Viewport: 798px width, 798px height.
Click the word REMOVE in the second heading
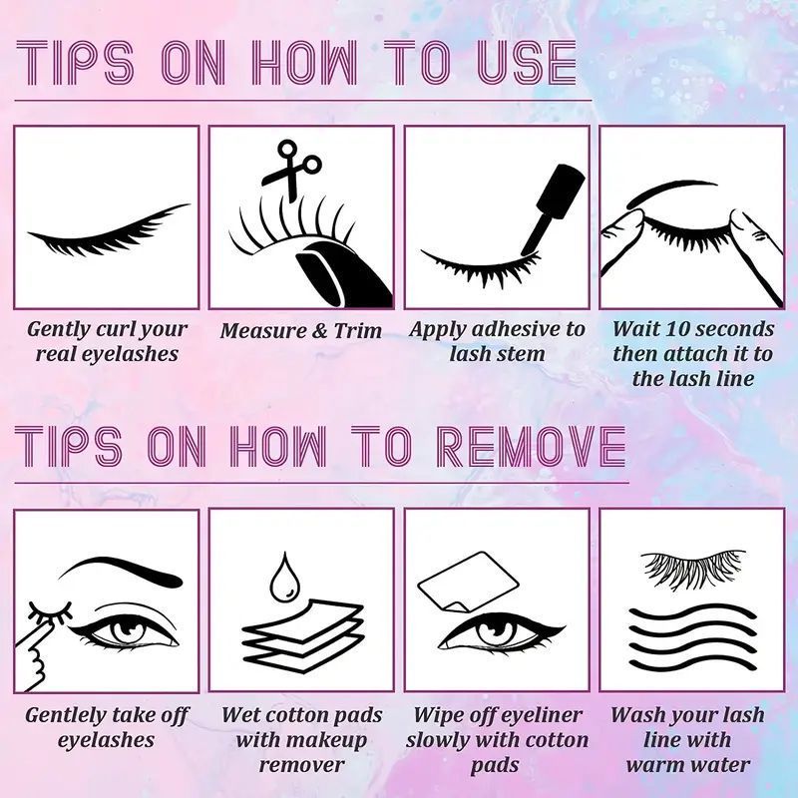532,448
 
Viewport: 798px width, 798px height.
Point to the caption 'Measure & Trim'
300,330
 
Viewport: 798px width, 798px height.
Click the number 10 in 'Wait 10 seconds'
669,328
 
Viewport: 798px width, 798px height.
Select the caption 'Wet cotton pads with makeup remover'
300,740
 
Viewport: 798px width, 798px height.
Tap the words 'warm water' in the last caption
687,764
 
